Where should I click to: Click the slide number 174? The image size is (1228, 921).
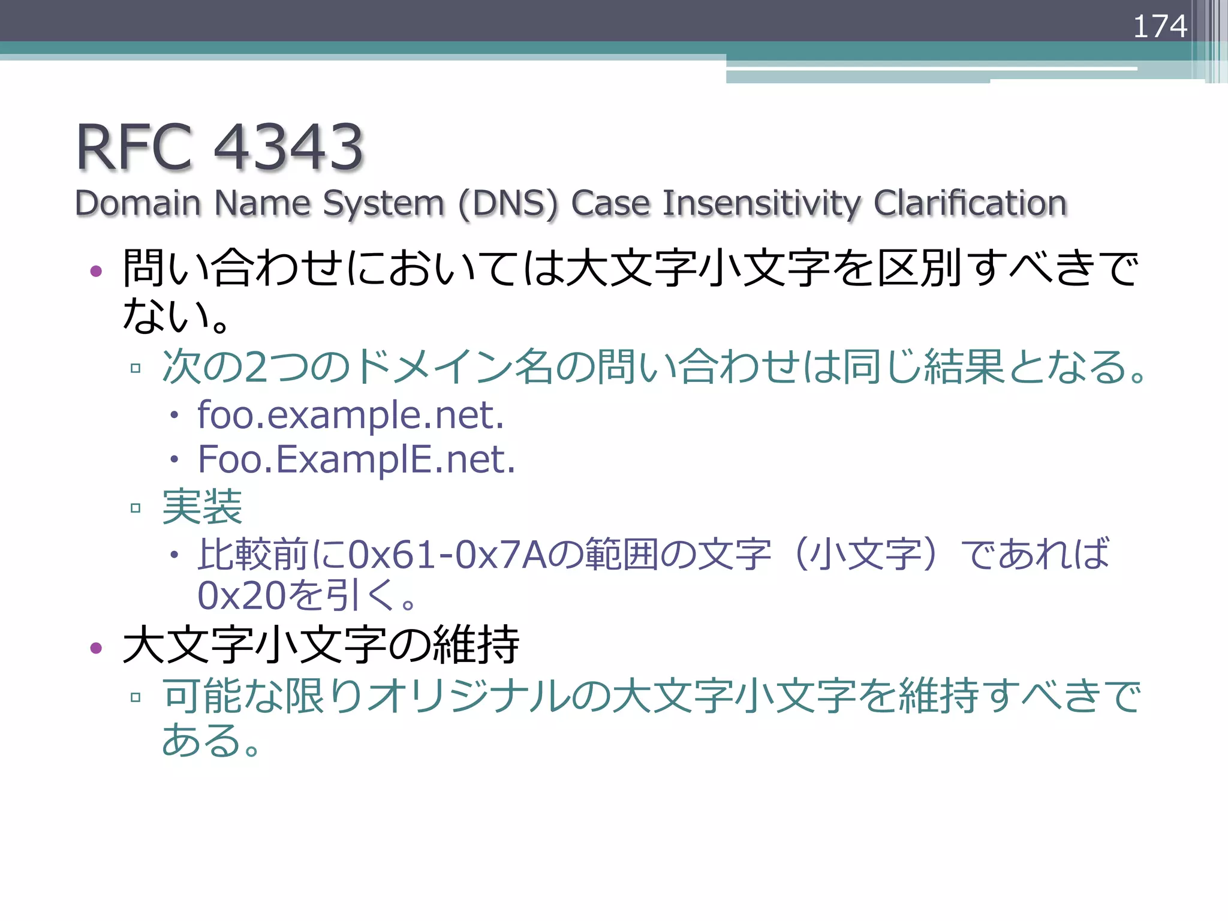[x=1160, y=26]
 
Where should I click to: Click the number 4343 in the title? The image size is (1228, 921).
[x=288, y=147]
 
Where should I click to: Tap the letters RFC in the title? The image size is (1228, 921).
[x=134, y=147]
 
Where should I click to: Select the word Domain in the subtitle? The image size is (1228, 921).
[x=137, y=203]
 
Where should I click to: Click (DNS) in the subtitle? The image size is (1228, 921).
[x=508, y=204]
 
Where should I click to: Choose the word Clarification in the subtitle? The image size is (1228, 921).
[x=970, y=203]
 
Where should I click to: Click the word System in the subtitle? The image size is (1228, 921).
[x=384, y=204]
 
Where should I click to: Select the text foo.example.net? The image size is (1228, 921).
[x=351, y=414]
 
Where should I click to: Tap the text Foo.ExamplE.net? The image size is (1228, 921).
[x=357, y=459]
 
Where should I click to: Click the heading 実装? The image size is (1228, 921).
[x=202, y=507]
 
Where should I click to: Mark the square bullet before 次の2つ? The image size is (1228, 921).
[x=136, y=368]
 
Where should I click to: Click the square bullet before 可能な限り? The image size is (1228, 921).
[x=136, y=697]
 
